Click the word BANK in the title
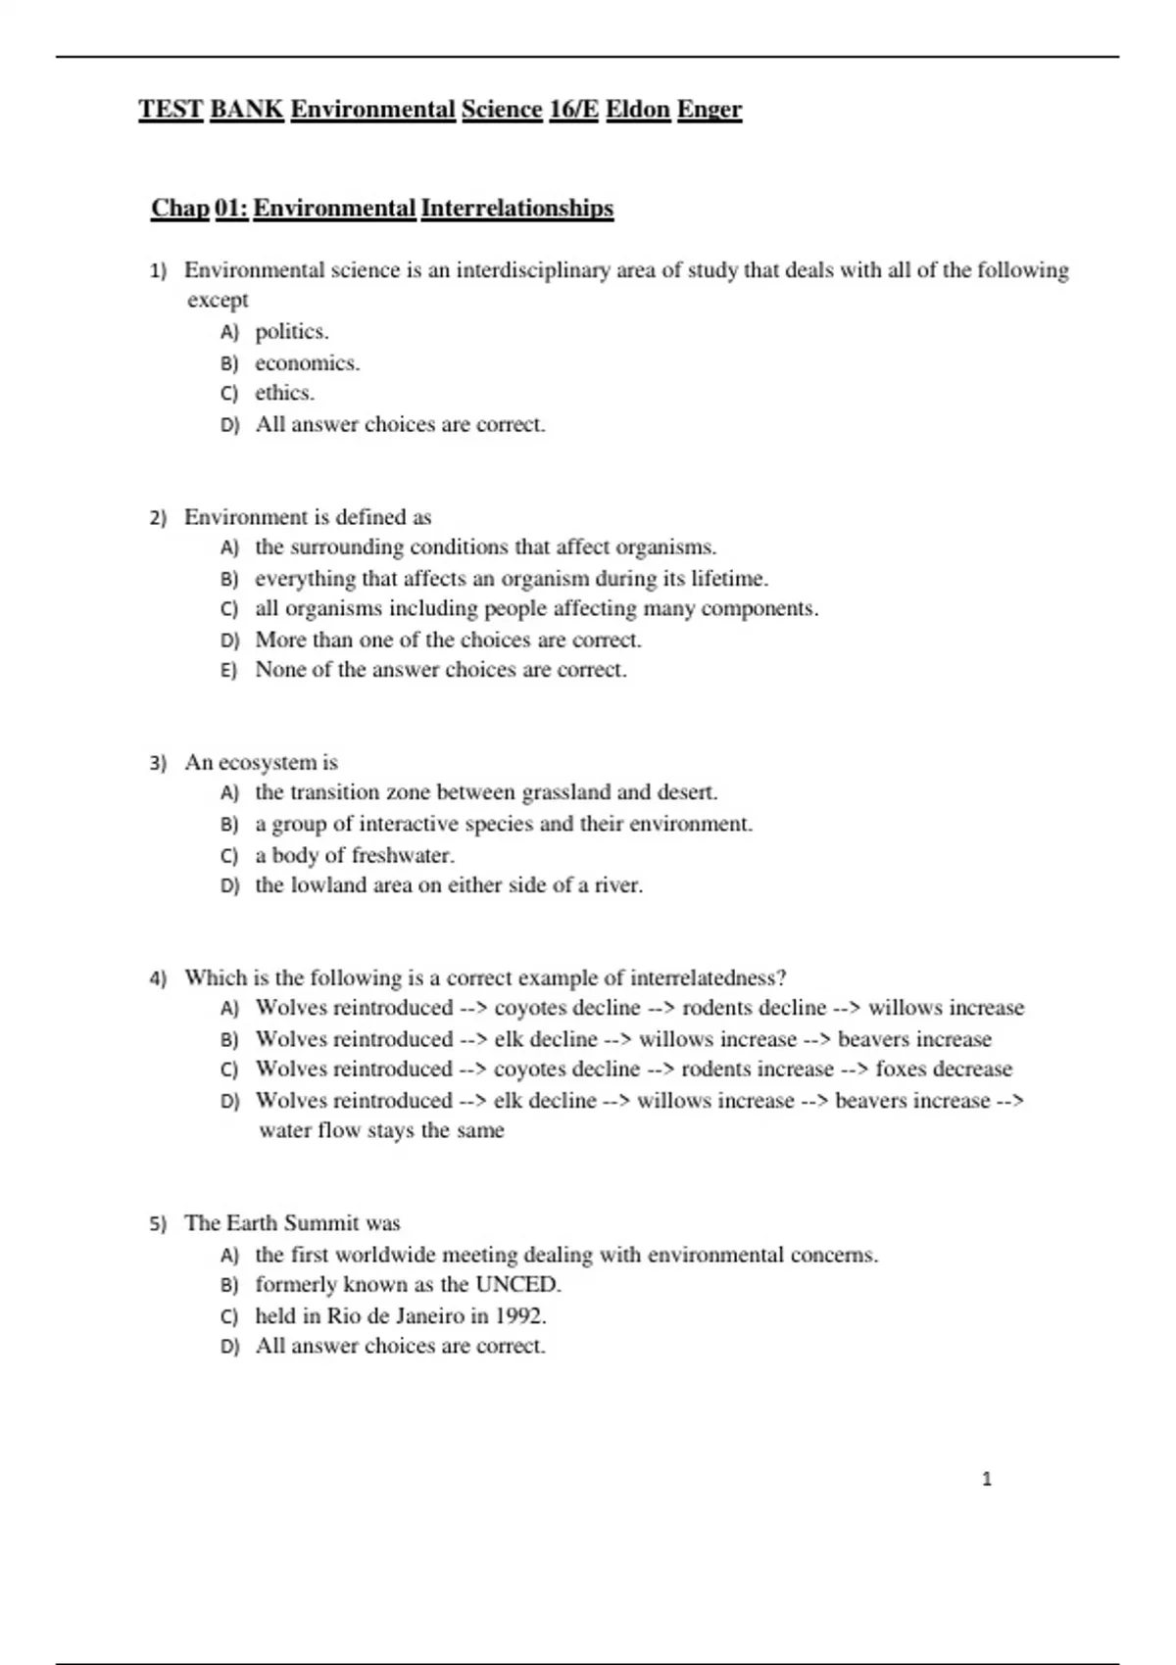click(x=246, y=109)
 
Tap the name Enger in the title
click(x=710, y=109)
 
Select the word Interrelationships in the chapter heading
click(x=516, y=208)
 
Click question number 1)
click(x=159, y=271)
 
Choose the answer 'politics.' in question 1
click(x=292, y=332)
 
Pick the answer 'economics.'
click(x=308, y=363)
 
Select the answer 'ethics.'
click(x=285, y=393)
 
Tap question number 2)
click(x=159, y=518)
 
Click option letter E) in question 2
click(x=229, y=671)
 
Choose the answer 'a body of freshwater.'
click(x=355, y=855)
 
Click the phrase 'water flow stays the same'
click(x=381, y=1130)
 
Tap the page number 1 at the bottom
click(x=986, y=1479)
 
